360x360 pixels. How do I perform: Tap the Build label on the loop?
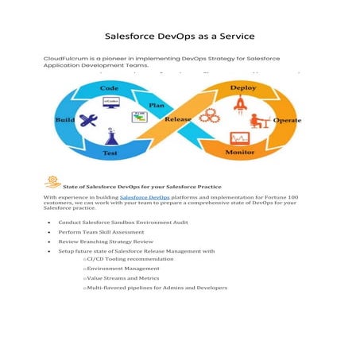(x=64, y=119)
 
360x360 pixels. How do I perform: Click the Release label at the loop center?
(x=178, y=120)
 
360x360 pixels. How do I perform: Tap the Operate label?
(x=287, y=120)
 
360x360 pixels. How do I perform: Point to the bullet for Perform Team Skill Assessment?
(x=49, y=230)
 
